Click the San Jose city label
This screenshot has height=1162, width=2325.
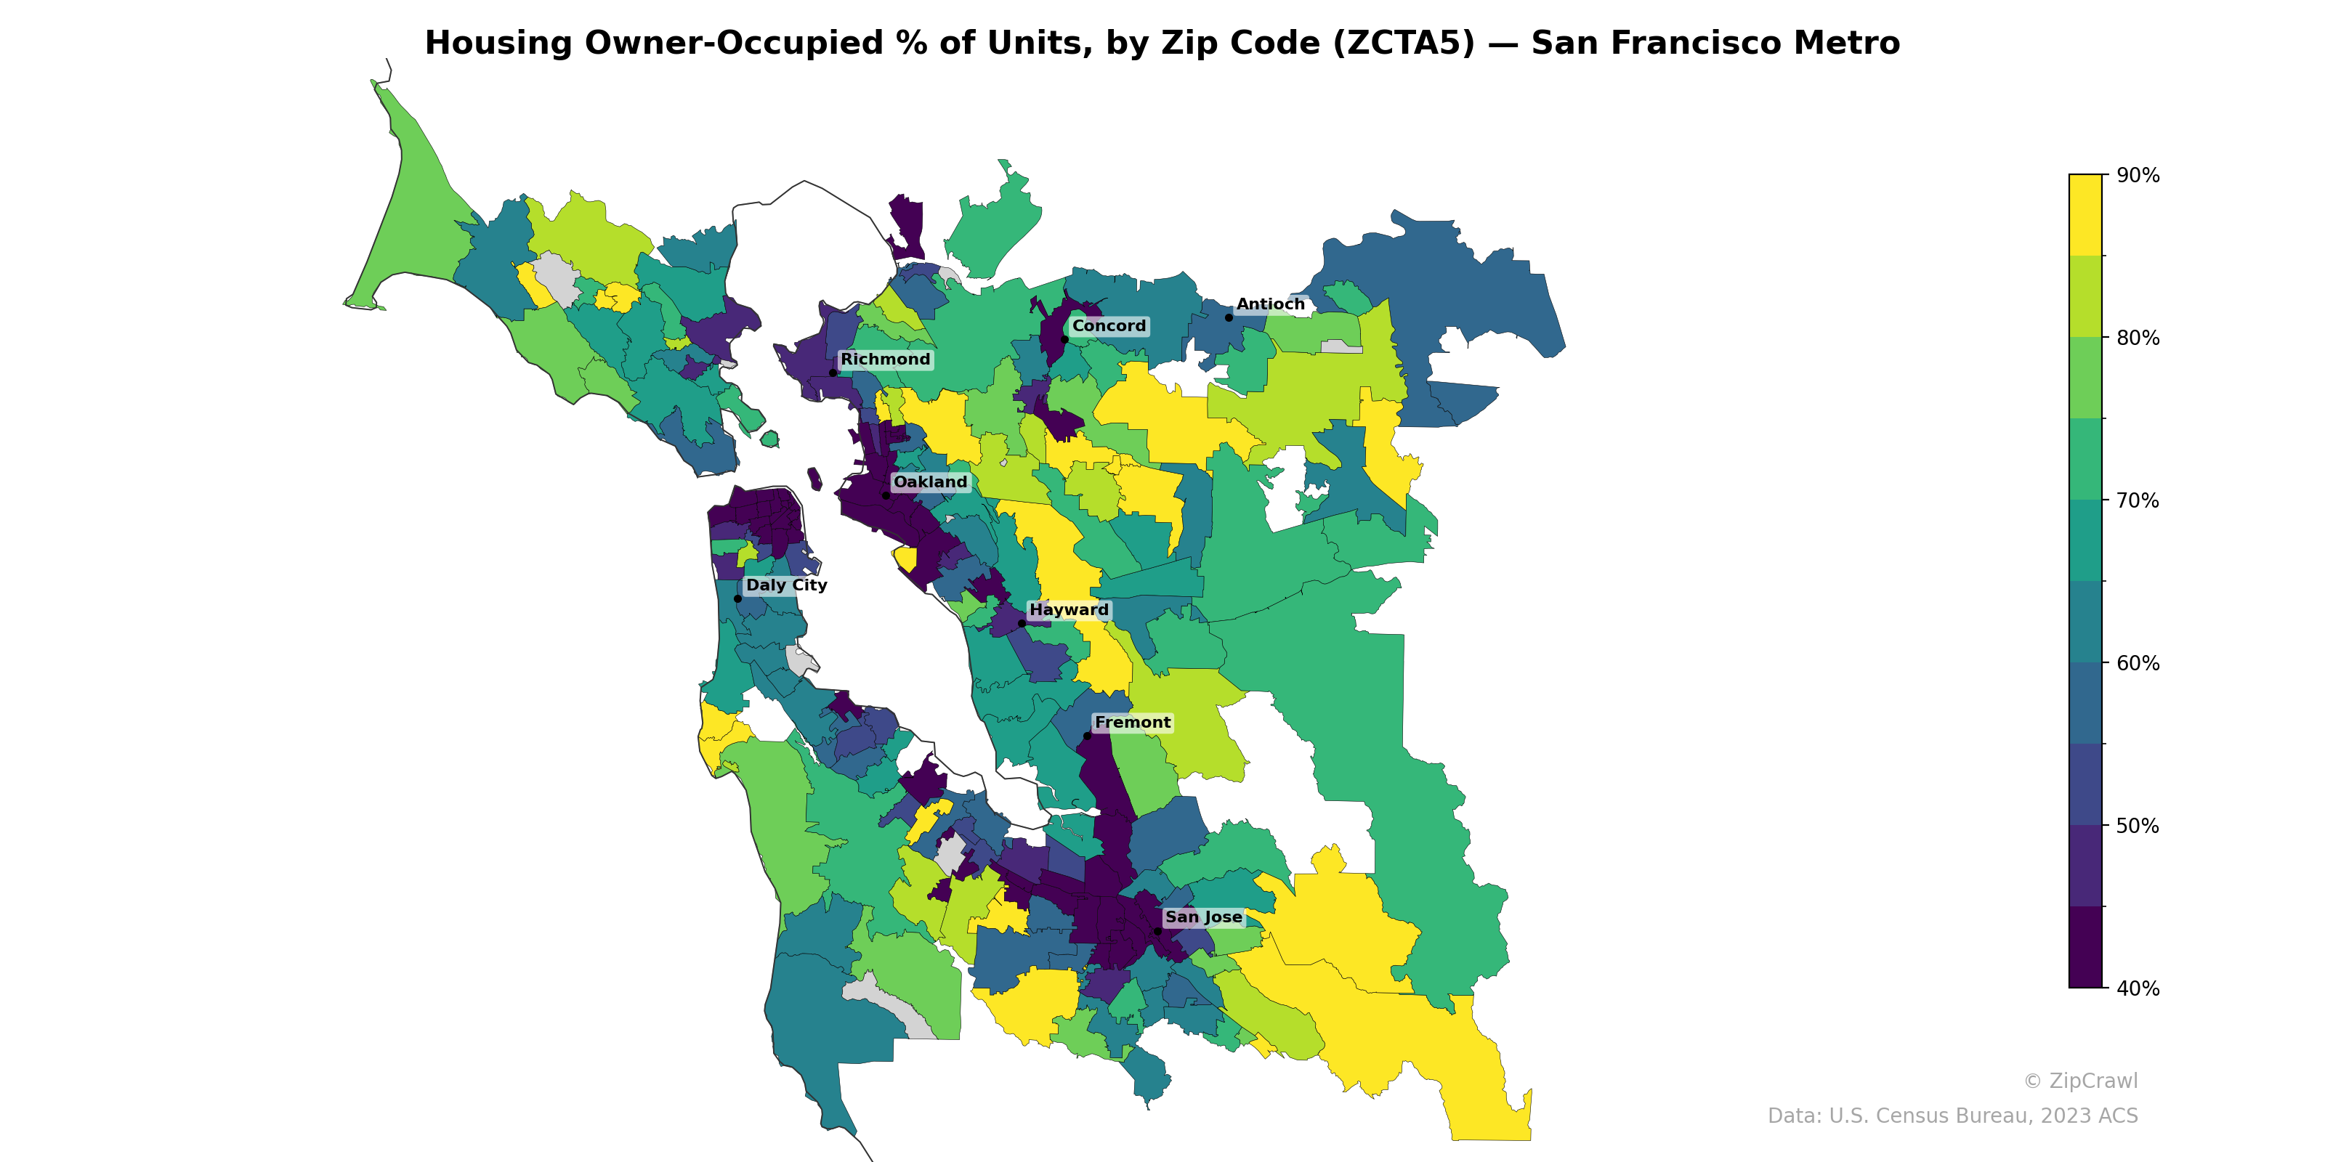1203,917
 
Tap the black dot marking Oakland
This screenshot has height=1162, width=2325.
886,495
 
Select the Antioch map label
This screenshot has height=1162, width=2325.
1270,304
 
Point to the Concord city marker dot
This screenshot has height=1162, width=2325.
1064,339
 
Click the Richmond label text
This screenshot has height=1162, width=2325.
884,359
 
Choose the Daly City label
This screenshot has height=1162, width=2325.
786,585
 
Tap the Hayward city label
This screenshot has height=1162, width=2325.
1069,610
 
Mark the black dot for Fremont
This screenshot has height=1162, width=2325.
1087,736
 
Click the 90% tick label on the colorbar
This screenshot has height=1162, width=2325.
2138,175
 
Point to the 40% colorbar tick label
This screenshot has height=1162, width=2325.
2138,988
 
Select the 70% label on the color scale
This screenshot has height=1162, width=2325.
2138,500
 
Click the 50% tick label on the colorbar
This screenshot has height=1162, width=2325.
2138,826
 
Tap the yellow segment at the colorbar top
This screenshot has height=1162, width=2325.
2085,215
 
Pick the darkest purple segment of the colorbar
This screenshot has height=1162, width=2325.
2085,947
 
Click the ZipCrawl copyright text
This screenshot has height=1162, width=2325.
2079,1081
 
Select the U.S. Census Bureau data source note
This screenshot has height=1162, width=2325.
1952,1116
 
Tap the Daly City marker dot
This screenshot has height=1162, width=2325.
737,598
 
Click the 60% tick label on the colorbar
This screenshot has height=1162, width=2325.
2138,663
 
